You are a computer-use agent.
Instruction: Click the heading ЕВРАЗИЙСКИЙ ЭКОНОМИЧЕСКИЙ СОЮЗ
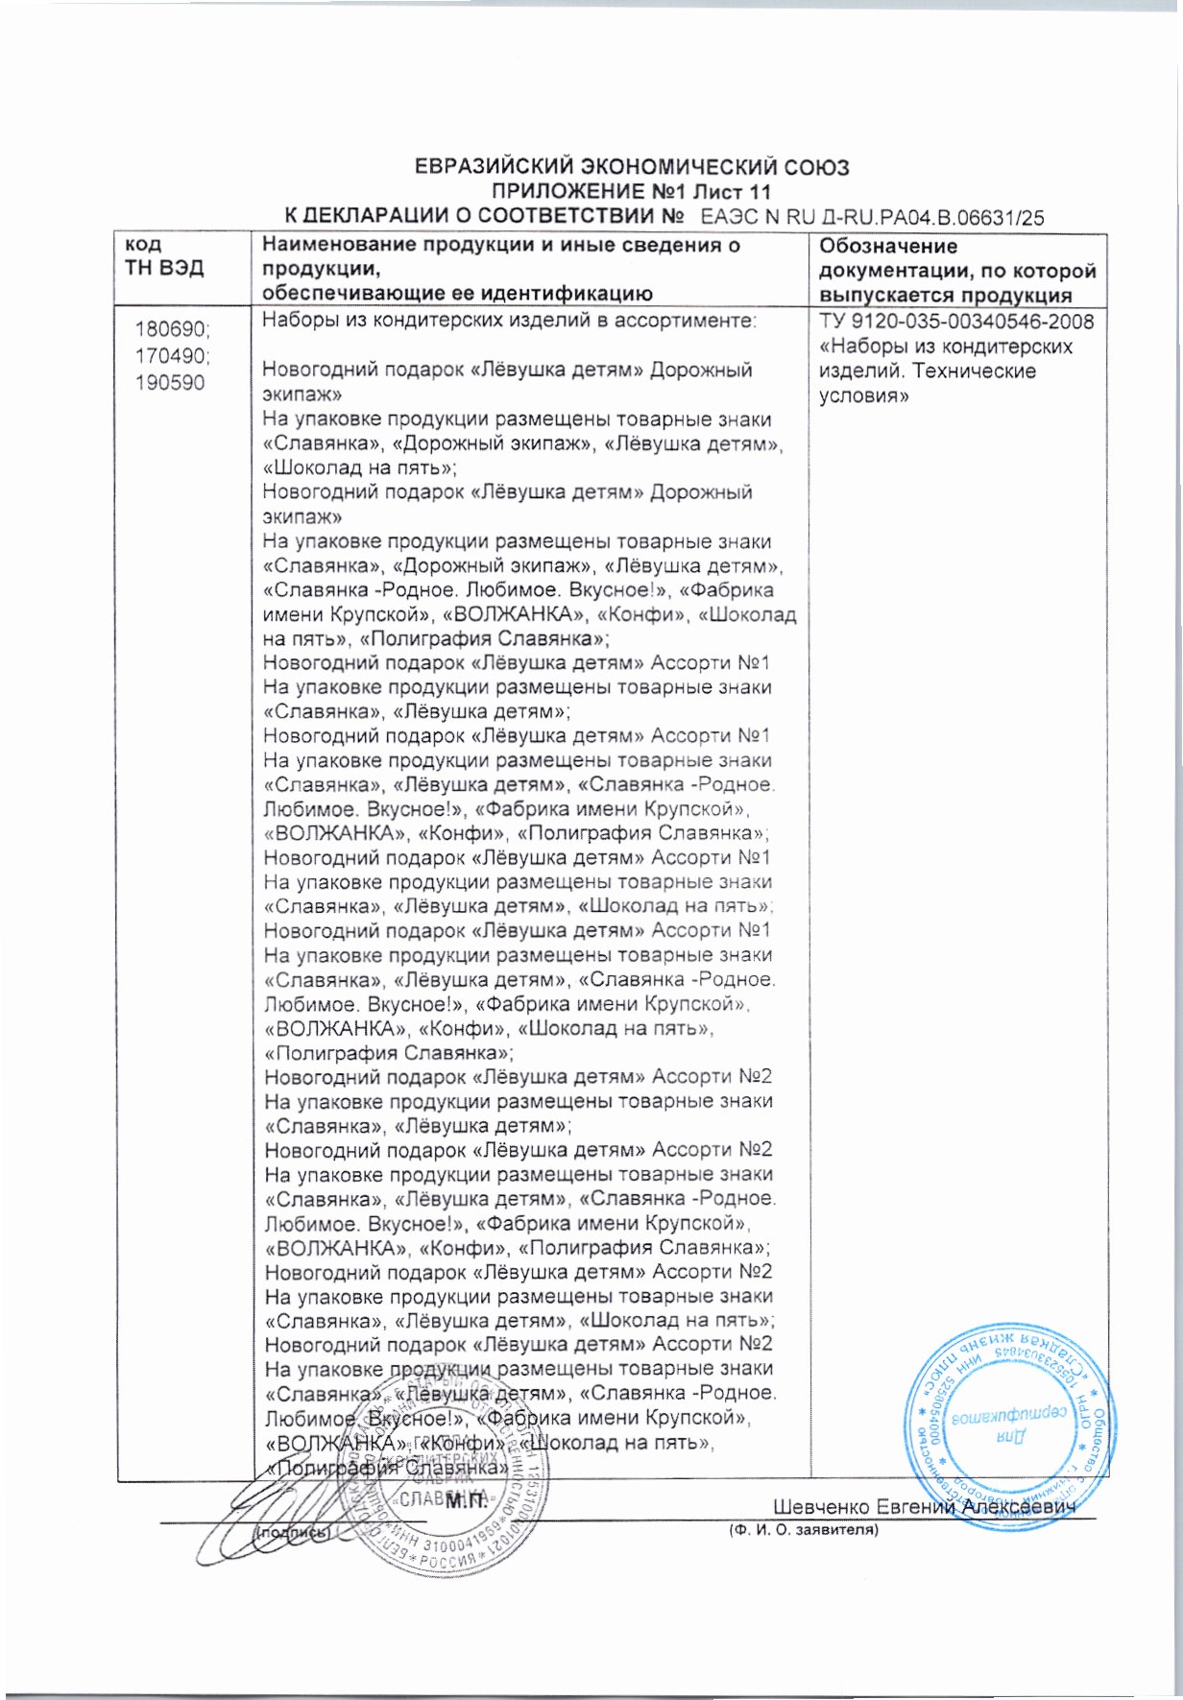(631, 167)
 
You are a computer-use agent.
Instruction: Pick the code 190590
(170, 383)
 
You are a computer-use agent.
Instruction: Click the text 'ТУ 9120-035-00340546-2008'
(956, 322)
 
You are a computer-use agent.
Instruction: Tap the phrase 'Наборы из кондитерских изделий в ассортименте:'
(510, 321)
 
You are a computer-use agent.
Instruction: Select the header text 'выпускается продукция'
(945, 296)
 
